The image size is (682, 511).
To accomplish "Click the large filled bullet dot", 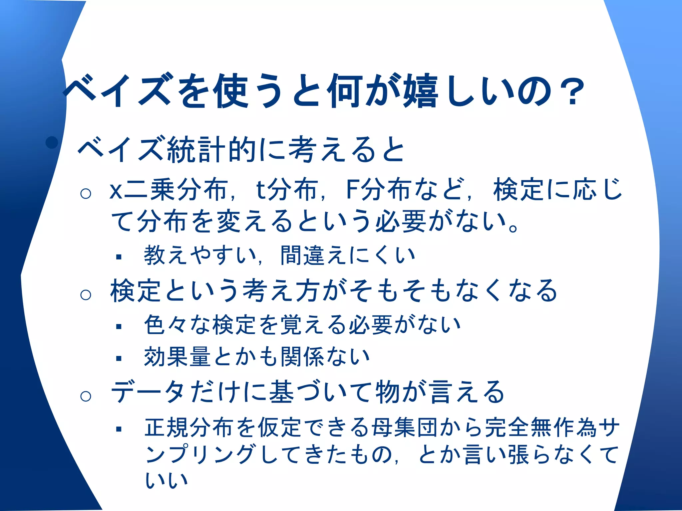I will pyautogui.click(x=52, y=143).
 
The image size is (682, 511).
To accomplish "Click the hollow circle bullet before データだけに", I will pyautogui.click(x=86, y=396).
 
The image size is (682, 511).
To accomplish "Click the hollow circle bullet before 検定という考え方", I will pyautogui.click(x=86, y=294).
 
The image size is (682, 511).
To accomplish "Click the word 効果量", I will pyautogui.click(x=177, y=357).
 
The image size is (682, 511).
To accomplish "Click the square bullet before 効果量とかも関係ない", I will pyautogui.click(x=119, y=358).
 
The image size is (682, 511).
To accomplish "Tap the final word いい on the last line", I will pyautogui.click(x=167, y=481).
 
